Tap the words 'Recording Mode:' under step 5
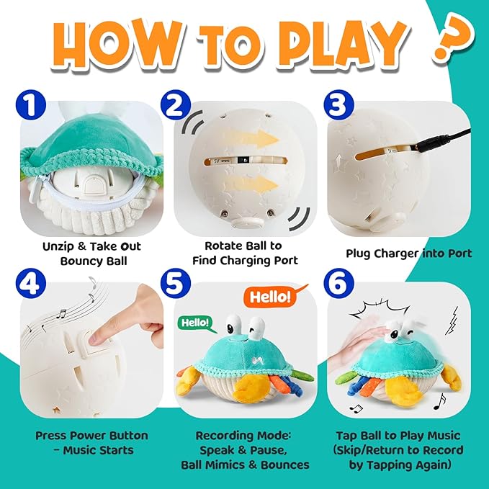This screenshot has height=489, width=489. pyautogui.click(x=243, y=436)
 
